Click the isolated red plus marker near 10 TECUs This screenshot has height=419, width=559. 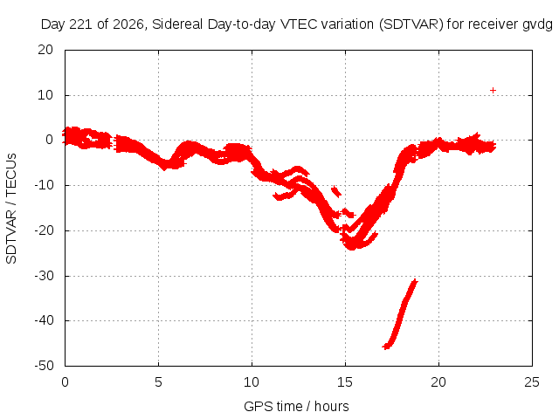click(x=493, y=91)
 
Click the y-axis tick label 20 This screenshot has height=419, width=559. click(x=45, y=50)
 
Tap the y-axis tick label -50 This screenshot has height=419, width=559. click(x=44, y=366)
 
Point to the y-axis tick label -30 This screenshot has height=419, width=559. click(x=44, y=276)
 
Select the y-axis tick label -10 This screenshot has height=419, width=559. click(x=44, y=185)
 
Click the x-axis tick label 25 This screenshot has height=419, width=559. click(x=532, y=382)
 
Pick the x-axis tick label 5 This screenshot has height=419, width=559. click(x=158, y=382)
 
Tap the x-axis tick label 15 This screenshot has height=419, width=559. click(x=345, y=382)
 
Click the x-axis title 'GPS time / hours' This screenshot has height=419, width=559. click(x=296, y=406)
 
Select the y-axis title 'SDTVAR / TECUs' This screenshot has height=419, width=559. click(x=11, y=209)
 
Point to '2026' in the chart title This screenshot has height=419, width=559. click(x=128, y=24)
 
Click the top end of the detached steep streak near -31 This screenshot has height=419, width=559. click(x=415, y=281)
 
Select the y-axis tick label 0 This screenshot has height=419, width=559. click(x=49, y=140)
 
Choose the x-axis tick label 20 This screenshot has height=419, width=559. click(x=438, y=382)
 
